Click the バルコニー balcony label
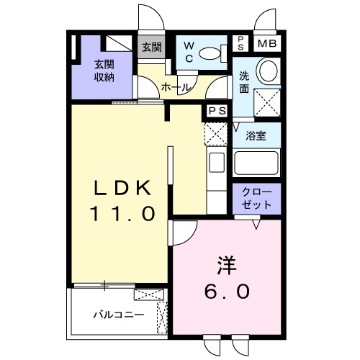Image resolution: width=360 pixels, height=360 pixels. (119, 315)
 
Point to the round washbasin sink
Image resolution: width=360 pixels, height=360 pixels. (267, 71)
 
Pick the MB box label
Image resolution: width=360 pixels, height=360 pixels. (266, 43)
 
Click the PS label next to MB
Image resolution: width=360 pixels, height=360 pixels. (240, 43)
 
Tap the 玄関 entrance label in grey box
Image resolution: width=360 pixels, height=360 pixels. (150, 48)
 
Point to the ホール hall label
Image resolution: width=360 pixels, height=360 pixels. (175, 87)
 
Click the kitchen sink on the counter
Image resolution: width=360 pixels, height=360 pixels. (216, 163)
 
